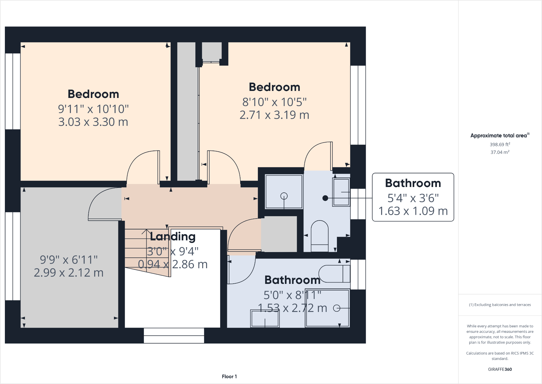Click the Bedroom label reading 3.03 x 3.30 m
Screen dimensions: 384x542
click(x=93, y=122)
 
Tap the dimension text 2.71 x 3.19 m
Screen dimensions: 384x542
click(x=274, y=115)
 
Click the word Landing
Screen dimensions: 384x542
click(x=172, y=236)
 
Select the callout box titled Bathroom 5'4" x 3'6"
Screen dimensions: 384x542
click(x=413, y=197)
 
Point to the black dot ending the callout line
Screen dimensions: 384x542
click(x=325, y=198)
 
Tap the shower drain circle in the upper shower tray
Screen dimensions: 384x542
click(x=284, y=196)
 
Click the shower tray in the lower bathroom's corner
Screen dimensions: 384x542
click(x=327, y=308)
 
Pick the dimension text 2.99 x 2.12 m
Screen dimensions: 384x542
click(x=69, y=273)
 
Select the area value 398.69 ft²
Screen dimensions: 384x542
click(x=500, y=144)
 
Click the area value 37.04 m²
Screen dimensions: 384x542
click(x=500, y=152)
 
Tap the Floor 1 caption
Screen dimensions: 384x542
click(x=229, y=376)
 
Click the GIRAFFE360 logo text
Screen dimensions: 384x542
click(x=500, y=369)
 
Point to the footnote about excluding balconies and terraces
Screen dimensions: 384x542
click(x=500, y=305)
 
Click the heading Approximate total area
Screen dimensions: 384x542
click(x=499, y=135)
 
